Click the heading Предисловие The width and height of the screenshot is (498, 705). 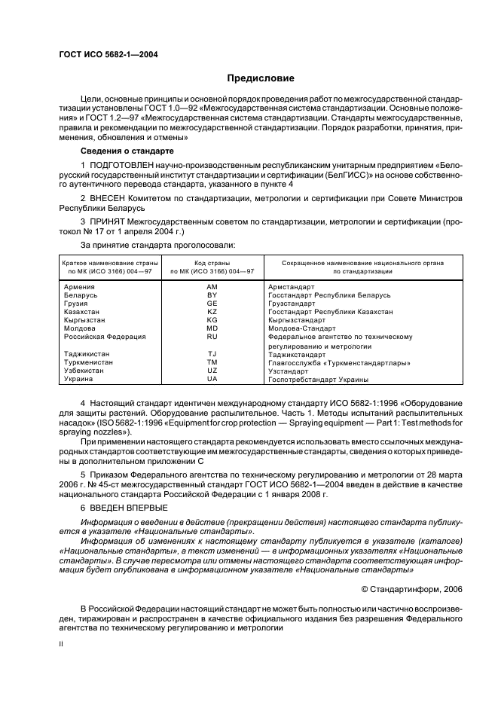[x=261, y=78]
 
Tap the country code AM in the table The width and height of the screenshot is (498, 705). [x=212, y=287]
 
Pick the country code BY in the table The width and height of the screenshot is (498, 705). [x=212, y=295]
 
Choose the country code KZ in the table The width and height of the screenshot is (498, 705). [x=212, y=312]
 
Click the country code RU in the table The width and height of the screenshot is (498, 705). [x=212, y=337]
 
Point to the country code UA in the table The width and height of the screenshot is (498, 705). [x=212, y=380]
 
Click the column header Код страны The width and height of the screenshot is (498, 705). [x=212, y=263]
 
